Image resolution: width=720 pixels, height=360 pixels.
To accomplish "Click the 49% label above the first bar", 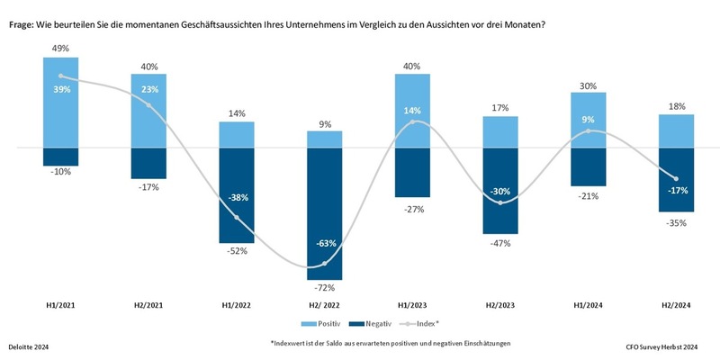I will click(x=60, y=48).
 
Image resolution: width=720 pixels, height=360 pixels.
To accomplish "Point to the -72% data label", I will click(x=325, y=288).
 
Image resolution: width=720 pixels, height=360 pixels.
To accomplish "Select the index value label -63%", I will click(x=325, y=243).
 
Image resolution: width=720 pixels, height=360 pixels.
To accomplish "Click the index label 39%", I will click(x=60, y=88).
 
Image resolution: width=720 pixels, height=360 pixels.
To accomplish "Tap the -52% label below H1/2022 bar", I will click(x=237, y=251).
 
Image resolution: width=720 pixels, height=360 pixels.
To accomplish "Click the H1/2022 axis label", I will click(x=237, y=306).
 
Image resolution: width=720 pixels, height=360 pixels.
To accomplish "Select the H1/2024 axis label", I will click(x=589, y=306).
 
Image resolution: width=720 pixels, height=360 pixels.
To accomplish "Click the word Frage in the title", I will click(x=23, y=24).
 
